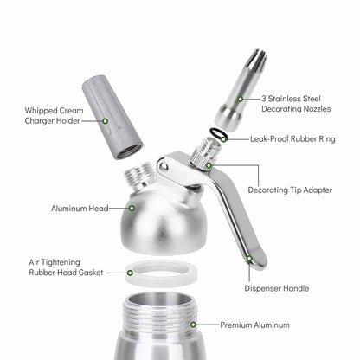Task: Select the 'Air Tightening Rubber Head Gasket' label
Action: [67, 266]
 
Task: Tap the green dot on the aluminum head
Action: [132, 207]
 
